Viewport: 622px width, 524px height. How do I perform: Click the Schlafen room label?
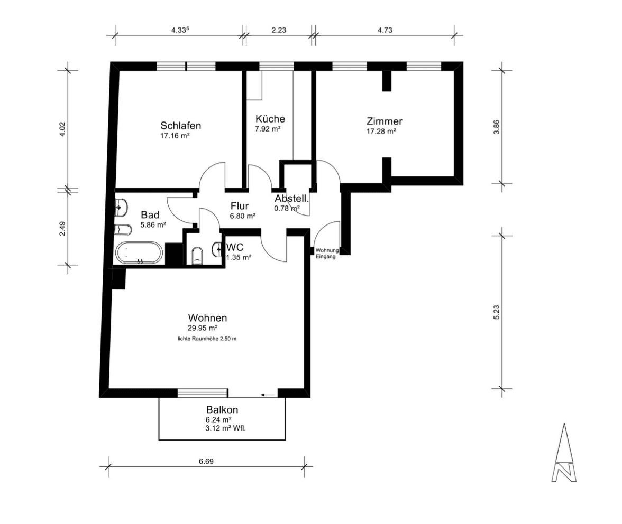point(180,126)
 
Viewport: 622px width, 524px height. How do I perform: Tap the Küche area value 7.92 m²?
point(268,129)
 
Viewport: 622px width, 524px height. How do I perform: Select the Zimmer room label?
point(385,121)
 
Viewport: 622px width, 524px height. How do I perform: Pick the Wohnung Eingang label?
point(326,254)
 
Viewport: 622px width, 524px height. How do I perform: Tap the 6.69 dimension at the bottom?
point(206,461)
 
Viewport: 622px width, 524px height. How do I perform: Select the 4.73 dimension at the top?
point(385,30)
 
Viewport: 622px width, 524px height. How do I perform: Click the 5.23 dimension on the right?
point(496,312)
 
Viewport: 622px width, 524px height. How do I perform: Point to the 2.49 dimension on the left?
point(62,228)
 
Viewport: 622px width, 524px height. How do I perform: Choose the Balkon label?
point(222,409)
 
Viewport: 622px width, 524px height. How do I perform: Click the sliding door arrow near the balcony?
point(269,395)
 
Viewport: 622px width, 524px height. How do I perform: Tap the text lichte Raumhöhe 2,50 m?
point(207,338)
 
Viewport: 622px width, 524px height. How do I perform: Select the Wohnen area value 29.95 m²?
point(207,328)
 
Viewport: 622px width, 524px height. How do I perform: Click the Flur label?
point(240,206)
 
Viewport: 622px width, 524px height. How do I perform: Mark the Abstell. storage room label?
point(291,199)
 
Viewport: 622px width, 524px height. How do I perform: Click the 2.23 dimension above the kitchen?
point(278,30)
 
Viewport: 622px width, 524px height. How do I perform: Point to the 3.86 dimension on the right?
point(496,127)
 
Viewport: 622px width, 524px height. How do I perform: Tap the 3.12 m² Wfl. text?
point(226,428)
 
